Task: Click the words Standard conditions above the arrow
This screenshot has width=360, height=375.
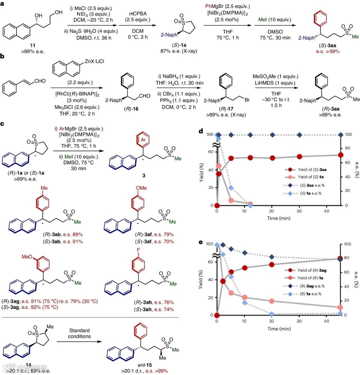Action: (79, 333)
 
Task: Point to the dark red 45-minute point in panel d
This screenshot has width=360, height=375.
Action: (340, 155)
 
